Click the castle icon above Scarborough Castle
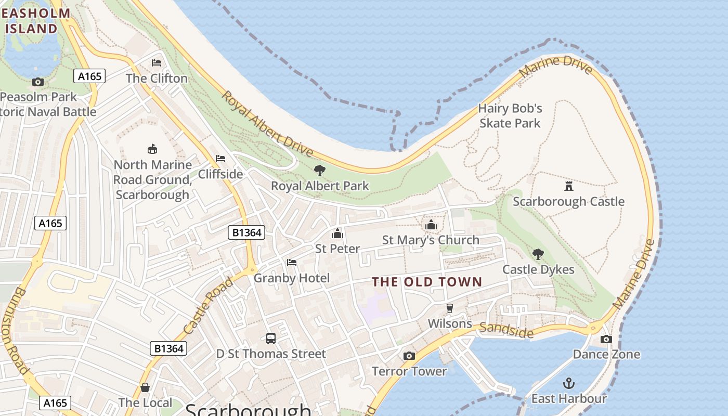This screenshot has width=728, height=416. (x=568, y=186)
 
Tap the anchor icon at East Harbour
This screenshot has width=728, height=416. (x=568, y=384)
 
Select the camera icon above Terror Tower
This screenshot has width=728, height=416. (x=409, y=356)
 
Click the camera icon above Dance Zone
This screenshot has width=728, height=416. (x=606, y=339)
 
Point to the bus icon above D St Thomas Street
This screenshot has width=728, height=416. (x=271, y=339)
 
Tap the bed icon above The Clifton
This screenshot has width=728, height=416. (x=157, y=63)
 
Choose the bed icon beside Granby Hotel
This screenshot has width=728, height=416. (x=292, y=263)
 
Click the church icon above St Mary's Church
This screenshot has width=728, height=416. (x=431, y=225)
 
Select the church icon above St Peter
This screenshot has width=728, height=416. (x=337, y=233)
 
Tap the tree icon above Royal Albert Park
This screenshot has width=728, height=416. (x=320, y=170)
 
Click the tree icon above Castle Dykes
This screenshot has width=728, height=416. (x=538, y=254)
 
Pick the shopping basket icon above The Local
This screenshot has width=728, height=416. (x=145, y=387)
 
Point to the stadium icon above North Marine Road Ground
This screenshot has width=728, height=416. (x=152, y=149)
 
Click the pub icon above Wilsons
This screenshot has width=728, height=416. (x=450, y=308)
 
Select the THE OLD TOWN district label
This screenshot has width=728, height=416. (x=427, y=282)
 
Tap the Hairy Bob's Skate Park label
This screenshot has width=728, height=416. (x=510, y=116)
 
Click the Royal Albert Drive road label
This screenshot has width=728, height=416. (x=267, y=124)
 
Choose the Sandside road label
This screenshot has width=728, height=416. (x=506, y=330)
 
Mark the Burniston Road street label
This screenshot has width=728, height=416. (x=15, y=330)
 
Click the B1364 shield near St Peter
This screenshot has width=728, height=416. (x=246, y=232)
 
